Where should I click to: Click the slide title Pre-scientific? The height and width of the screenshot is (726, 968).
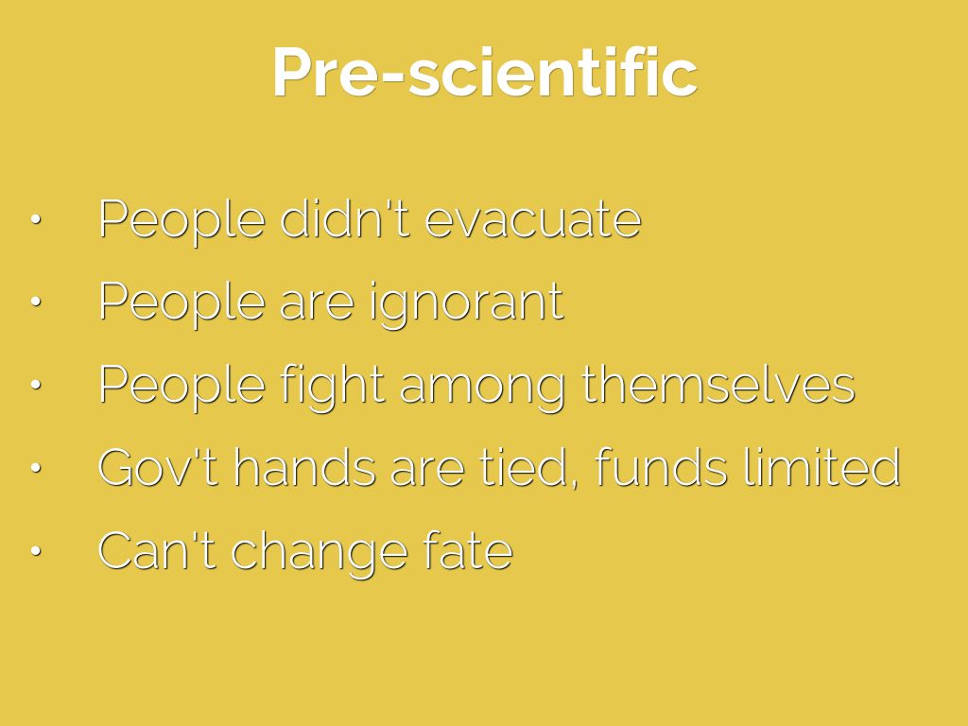(485, 73)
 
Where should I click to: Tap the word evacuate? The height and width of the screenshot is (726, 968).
(533, 220)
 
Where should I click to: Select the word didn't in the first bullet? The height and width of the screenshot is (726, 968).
(345, 218)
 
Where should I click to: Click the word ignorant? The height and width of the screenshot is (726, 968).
(466, 303)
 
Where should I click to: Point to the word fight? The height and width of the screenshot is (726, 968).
(333, 386)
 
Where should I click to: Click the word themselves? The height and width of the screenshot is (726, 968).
(718, 384)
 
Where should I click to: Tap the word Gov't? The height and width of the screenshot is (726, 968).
(158, 467)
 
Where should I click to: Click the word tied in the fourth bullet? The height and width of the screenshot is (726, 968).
(530, 467)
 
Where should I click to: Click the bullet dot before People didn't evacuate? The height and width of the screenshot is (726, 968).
(36, 219)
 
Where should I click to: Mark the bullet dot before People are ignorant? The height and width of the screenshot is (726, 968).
(36, 302)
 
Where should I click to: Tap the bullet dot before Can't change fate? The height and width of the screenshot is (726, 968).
(36, 550)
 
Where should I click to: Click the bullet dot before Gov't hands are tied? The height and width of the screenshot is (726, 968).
(36, 467)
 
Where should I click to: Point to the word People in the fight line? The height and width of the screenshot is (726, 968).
(182, 387)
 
